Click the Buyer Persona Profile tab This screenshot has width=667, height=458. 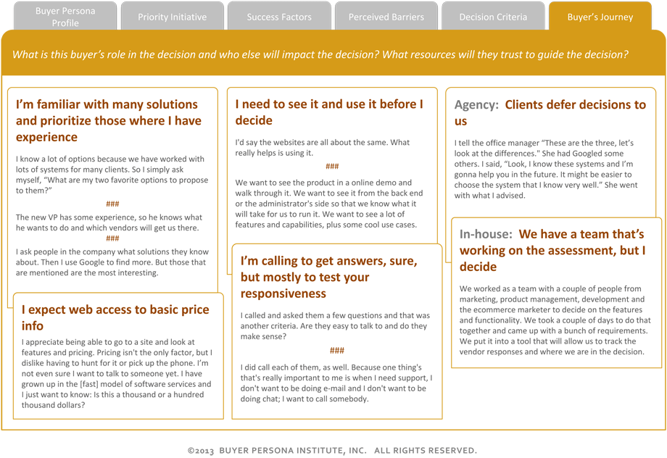pos(65,17)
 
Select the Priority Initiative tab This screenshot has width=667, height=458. pos(172,17)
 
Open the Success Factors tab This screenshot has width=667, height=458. pos(279,17)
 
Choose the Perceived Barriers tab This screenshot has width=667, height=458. pos(386,17)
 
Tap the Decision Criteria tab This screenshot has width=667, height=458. pos(493,17)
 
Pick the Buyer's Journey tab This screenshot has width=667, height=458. pos(600,17)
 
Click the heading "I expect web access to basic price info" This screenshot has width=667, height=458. pos(115,317)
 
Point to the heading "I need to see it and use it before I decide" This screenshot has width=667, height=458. pos(329,112)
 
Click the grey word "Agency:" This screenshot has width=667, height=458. pos(476,105)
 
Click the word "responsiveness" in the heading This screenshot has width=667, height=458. pos(283,294)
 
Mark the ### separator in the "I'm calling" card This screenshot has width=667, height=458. pos(336,351)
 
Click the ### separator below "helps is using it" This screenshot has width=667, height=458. pos(332,167)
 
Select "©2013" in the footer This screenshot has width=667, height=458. pos(201,451)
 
